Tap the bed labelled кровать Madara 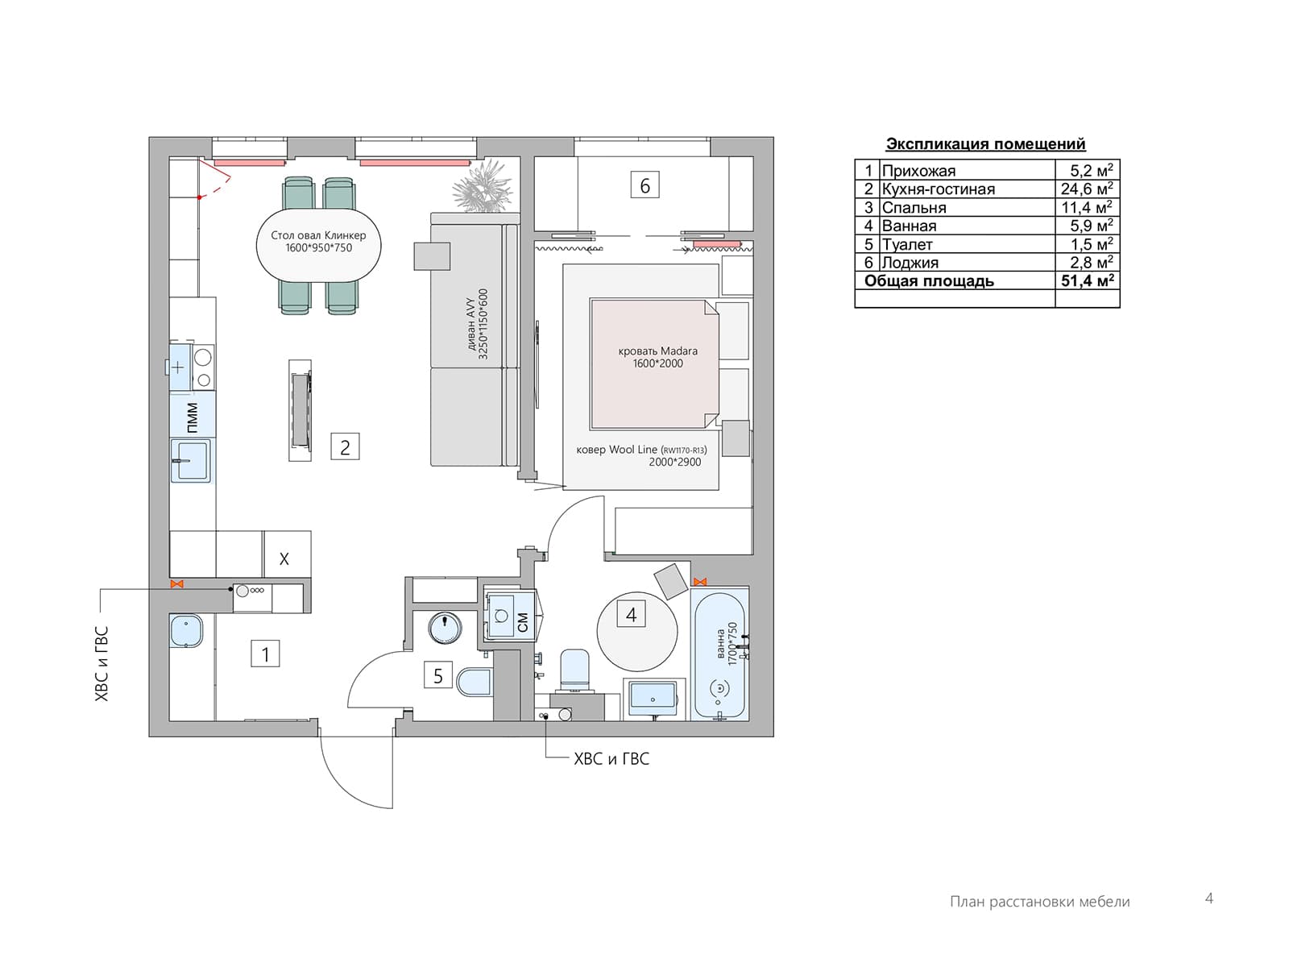click(655, 363)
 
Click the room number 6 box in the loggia click(644, 185)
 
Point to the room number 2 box click(345, 446)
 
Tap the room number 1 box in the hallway click(265, 654)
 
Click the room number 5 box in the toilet click(438, 675)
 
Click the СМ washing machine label click(523, 622)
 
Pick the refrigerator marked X click(287, 554)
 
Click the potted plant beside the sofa click(483, 187)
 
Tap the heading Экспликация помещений click(985, 144)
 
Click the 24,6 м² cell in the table click(1087, 189)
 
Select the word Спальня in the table click(914, 208)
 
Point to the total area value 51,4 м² click(1087, 280)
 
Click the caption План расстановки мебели click(1040, 901)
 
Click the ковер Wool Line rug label click(641, 455)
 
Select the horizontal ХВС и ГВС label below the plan click(611, 759)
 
